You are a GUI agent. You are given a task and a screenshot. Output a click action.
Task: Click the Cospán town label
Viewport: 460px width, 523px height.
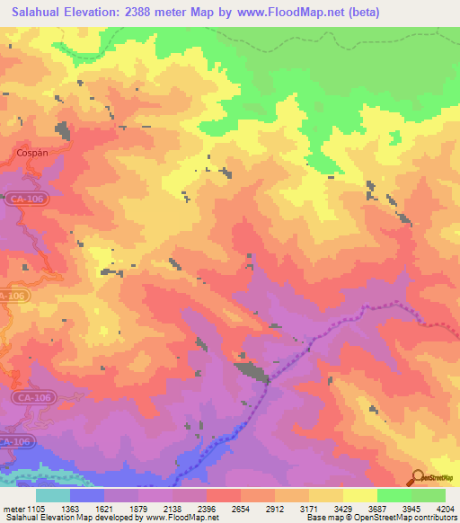pyautogui.click(x=32, y=153)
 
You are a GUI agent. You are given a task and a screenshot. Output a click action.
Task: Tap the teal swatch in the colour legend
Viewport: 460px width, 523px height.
pyautogui.click(x=53, y=495)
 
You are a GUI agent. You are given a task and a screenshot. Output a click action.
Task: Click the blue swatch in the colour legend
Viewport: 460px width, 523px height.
pyautogui.click(x=87, y=495)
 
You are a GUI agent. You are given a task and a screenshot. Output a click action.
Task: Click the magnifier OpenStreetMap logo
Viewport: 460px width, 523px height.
pyautogui.click(x=417, y=476)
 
